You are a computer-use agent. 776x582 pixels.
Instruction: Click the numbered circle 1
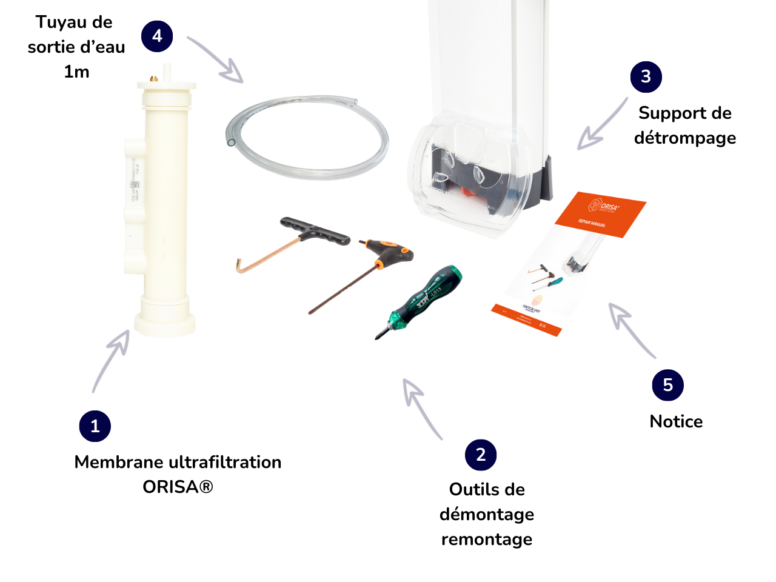click(x=95, y=426)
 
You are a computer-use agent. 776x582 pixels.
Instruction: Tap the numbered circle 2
click(x=481, y=455)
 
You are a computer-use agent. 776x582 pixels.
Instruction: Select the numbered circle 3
click(x=646, y=76)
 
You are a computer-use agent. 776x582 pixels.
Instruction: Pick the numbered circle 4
click(x=157, y=36)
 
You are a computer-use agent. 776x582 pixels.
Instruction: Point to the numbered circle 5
click(x=667, y=385)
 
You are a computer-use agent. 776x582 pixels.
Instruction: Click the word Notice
click(x=676, y=421)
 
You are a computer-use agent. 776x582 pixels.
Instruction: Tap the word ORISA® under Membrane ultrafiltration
click(x=178, y=487)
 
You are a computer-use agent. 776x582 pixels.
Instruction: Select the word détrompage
click(x=685, y=138)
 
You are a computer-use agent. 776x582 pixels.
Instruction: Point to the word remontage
click(x=487, y=539)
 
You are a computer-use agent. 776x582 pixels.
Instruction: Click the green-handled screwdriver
click(x=424, y=300)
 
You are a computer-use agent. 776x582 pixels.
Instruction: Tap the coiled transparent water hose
click(x=307, y=136)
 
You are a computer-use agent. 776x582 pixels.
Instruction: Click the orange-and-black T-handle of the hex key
click(x=388, y=250)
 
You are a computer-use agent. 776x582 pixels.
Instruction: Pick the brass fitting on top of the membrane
click(x=153, y=79)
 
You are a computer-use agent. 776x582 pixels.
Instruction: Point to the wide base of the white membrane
click(x=165, y=318)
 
